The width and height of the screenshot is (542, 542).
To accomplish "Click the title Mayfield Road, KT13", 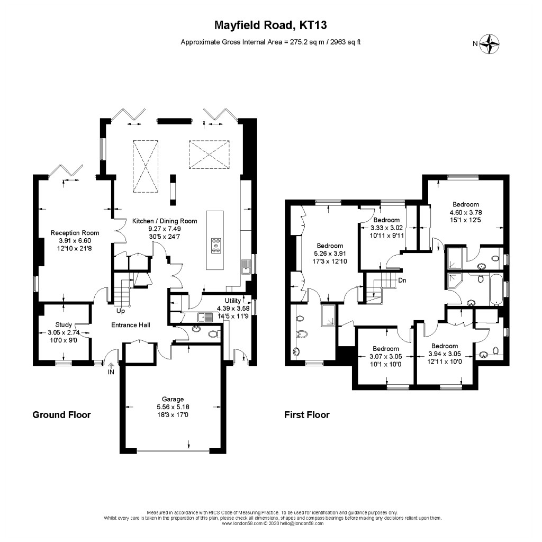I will pyautogui.click(x=270, y=25).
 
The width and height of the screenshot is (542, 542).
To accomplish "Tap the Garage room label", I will pyautogui.click(x=173, y=399).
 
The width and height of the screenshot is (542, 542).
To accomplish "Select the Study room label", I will pyautogui.click(x=64, y=325).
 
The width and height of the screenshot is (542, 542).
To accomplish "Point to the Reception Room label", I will pyautogui.click(x=68, y=232).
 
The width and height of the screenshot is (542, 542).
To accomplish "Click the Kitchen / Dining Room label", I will pyautogui.click(x=165, y=221).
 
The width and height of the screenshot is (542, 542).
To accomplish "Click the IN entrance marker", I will pyautogui.click(x=112, y=373).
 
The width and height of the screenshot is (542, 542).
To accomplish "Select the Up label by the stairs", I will pyautogui.click(x=121, y=311).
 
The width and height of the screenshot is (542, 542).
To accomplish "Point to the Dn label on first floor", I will pyautogui.click(x=402, y=281).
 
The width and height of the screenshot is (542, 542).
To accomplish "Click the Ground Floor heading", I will pyautogui.click(x=61, y=415).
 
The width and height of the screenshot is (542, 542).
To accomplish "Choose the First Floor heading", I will pyautogui.click(x=307, y=415).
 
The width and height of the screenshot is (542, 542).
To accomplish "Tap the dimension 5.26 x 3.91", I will pyautogui.click(x=330, y=254).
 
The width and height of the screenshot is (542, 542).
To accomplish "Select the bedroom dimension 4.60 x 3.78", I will pyautogui.click(x=466, y=212).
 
